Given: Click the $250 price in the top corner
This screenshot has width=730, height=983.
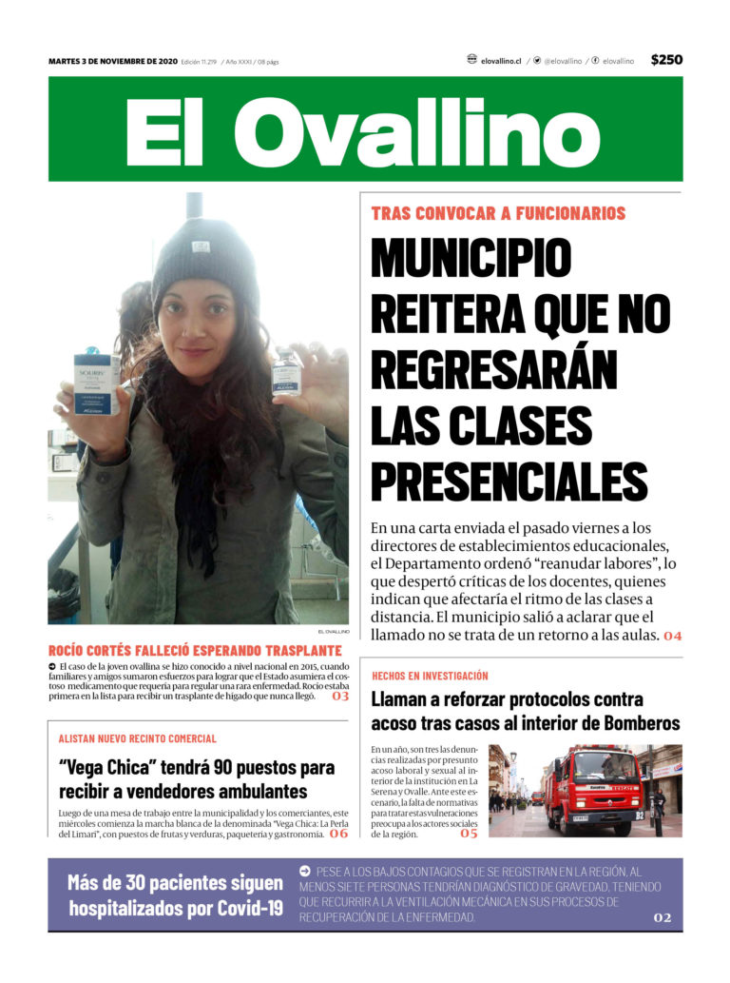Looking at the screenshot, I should pos(666,60).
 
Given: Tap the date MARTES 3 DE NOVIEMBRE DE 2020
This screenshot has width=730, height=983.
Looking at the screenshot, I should pos(113,61).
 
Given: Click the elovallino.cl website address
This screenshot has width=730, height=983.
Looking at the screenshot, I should pos(500,61).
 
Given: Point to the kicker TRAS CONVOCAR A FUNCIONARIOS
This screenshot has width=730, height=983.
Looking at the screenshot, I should pos(498,214).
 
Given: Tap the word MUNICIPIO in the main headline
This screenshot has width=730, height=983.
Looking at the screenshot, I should pos(471,257).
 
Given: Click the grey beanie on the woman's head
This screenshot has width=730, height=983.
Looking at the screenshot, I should pos(204,259).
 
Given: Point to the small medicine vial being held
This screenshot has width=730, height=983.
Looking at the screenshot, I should pos(286,372).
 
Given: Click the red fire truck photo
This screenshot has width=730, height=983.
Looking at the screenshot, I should pos(585,791).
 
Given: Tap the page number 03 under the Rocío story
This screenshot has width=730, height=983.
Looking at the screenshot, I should pos(339,697).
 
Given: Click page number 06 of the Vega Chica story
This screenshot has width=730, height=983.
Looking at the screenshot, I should pos(338,835).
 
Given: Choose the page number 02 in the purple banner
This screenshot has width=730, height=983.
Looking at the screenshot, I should pos(662,917).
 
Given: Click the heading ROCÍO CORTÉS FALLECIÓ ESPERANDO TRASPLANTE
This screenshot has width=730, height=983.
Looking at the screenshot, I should pos(195,650).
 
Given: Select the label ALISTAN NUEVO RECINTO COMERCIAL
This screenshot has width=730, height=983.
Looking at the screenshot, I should pos(137,738).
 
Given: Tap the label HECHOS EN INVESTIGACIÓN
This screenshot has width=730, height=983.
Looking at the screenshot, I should pos(430,676).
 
